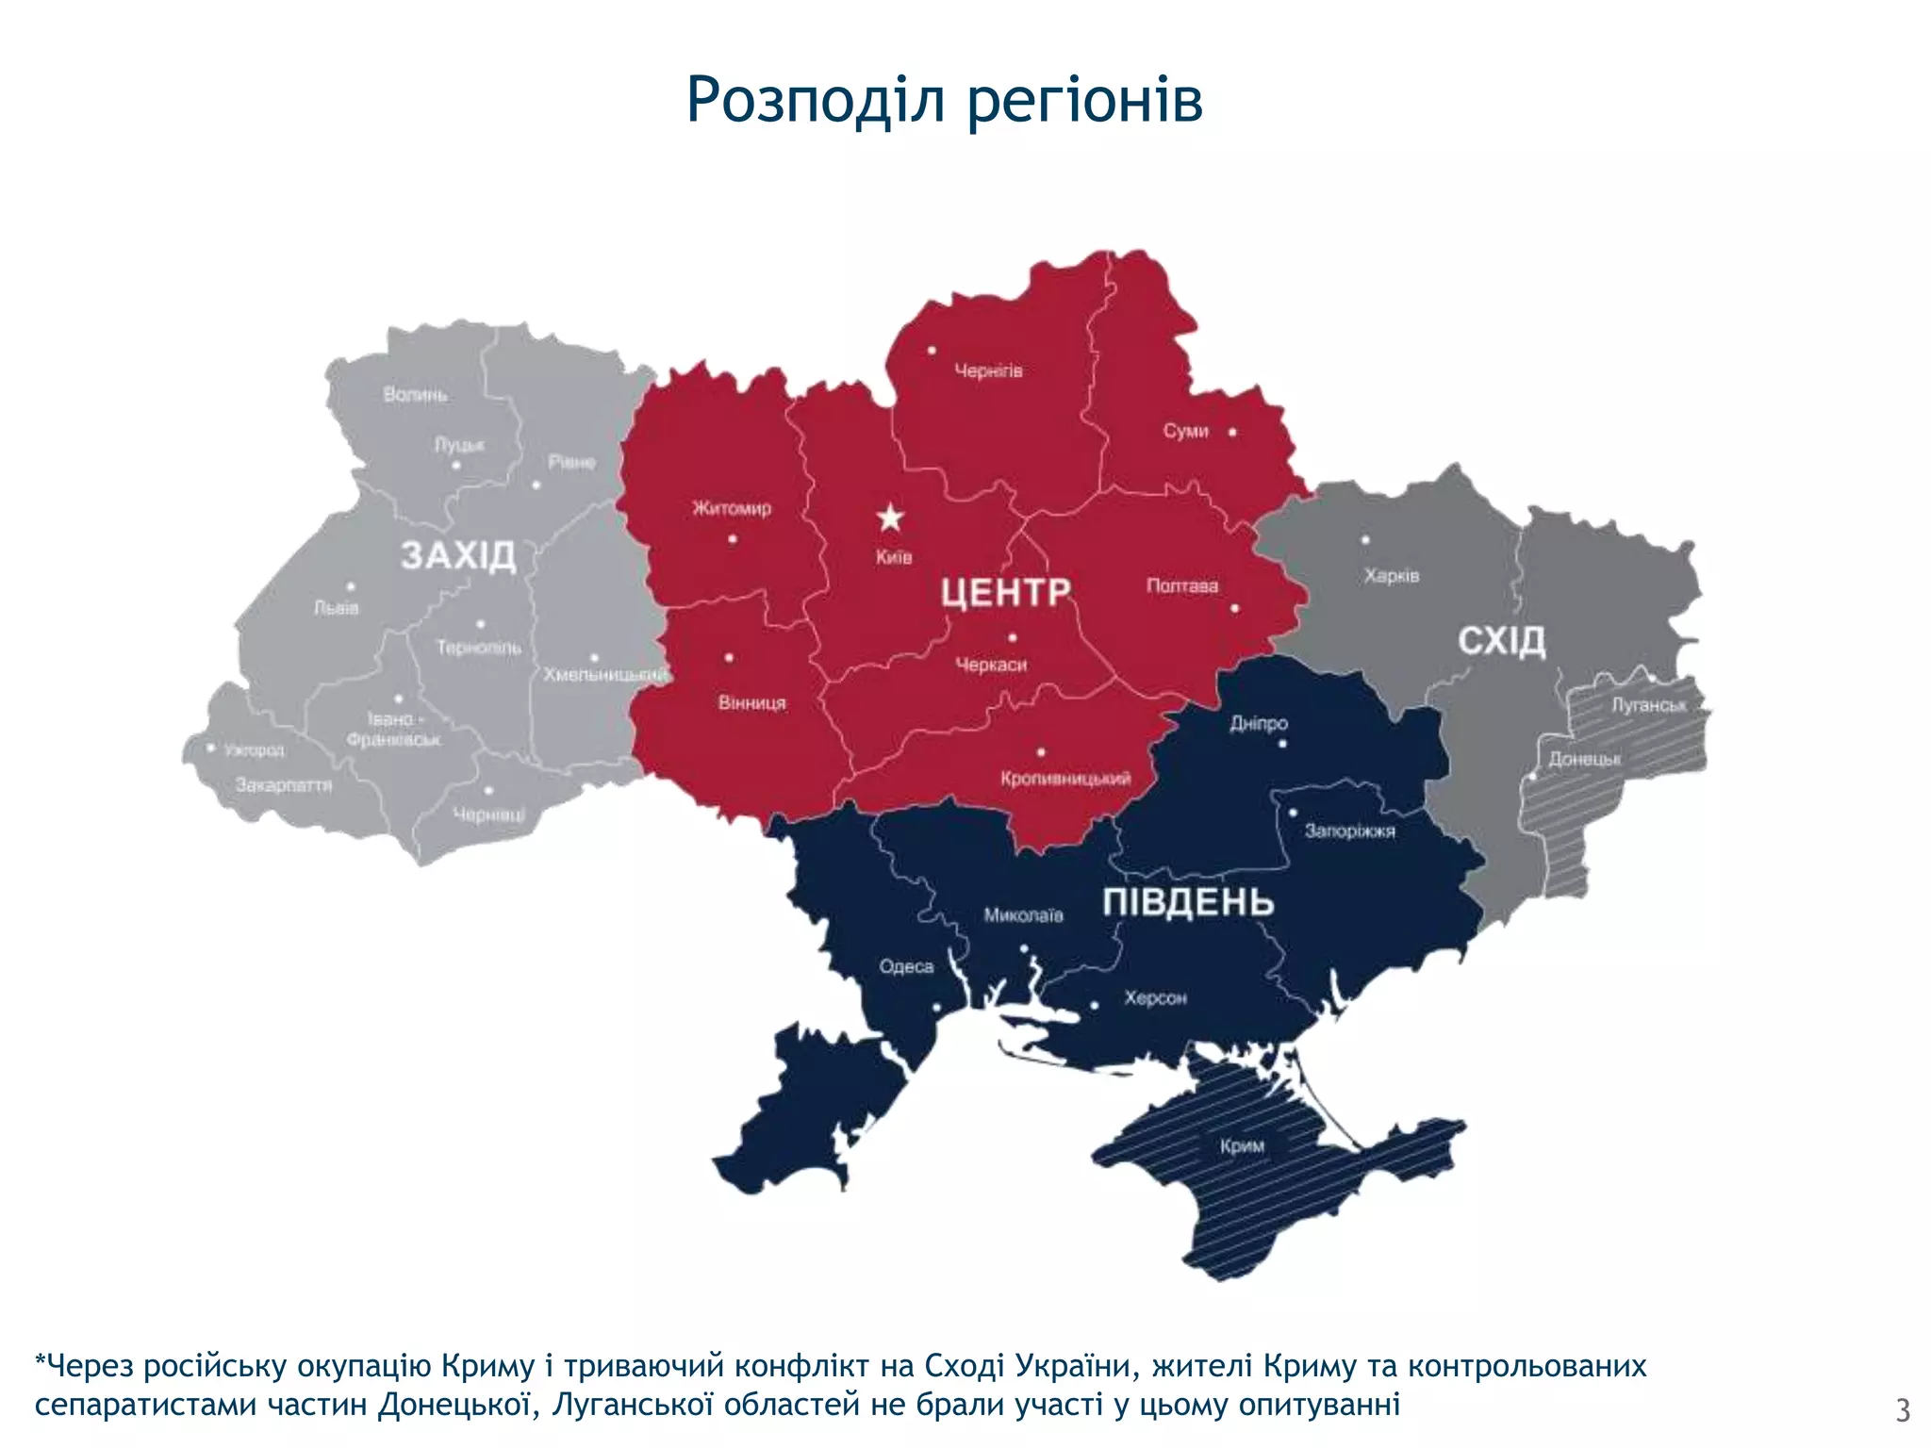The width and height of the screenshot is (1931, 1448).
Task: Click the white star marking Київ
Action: pos(890,518)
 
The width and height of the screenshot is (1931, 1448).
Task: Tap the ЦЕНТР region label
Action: pos(1006,593)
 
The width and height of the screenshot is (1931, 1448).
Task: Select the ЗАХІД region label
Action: pos(458,555)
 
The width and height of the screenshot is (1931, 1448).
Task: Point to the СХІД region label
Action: pos(1502,641)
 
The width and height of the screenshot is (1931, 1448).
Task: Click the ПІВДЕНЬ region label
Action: pos(1188,902)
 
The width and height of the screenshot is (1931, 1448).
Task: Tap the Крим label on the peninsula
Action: pos(1242,1146)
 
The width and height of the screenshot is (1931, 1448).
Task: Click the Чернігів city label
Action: pos(988,371)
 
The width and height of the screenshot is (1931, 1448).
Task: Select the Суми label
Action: pos(1185,431)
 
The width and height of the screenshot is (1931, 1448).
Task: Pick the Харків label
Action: pos(1391,575)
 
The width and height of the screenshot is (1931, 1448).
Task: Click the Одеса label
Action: pos(906,966)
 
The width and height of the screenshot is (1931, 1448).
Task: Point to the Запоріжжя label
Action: pos(1349,831)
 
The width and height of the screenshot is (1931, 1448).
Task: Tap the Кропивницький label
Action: pos(1065,779)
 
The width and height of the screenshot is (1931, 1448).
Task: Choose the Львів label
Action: pos(337,608)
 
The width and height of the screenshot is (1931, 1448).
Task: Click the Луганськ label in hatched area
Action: pos(1648,705)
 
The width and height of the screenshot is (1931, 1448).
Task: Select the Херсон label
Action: pos(1155,997)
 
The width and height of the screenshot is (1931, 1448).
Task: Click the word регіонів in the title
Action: pos(1084,100)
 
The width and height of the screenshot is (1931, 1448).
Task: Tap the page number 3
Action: pos(1903,1410)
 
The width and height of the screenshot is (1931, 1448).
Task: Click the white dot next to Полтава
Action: pos(1234,608)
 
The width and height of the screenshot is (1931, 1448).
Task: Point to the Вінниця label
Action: pos(751,703)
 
